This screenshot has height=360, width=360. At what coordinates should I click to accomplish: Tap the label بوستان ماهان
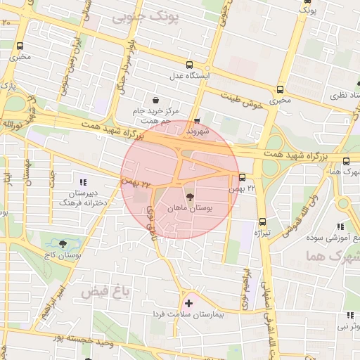(190, 209)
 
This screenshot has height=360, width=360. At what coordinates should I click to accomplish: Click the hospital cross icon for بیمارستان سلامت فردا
(188, 303)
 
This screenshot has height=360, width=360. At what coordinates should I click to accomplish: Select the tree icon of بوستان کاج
(64, 243)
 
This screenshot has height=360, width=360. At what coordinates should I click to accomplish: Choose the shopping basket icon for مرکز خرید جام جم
(155, 99)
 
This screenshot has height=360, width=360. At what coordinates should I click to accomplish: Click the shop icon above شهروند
(196, 120)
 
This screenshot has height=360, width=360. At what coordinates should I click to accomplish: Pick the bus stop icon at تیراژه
(262, 220)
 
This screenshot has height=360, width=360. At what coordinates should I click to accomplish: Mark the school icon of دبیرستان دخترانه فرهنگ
(83, 183)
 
